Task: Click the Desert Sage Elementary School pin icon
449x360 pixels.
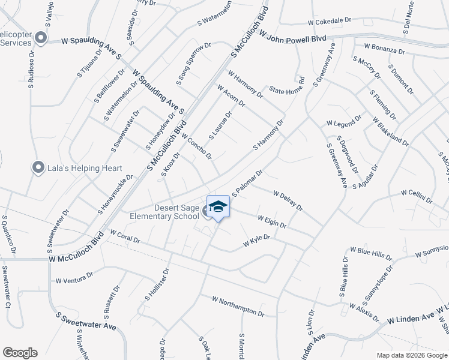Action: point(218,206)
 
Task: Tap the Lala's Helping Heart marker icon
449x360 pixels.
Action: point(39,167)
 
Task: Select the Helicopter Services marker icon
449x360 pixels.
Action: point(41,38)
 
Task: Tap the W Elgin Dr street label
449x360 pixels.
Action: point(272,221)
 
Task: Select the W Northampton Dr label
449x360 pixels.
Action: point(238,305)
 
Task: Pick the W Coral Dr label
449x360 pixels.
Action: point(124,236)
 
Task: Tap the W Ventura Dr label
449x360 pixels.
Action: point(74,278)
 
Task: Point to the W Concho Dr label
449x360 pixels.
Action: point(196,146)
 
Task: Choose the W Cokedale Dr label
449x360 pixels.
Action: point(329,21)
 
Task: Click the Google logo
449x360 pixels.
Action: point(20,353)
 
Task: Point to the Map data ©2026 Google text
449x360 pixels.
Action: point(411,355)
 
